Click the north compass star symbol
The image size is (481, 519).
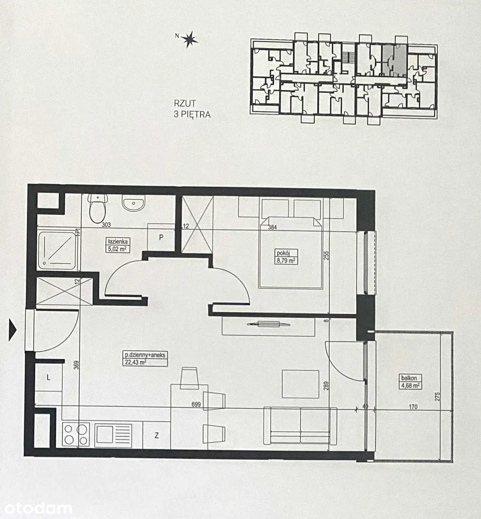[x=190, y=39]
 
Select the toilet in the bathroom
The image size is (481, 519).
[x=97, y=208]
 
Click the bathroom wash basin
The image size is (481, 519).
[x=133, y=203]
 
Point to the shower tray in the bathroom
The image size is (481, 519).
[x=57, y=250]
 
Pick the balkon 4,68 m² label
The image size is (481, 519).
[x=409, y=381]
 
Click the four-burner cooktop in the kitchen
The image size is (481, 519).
[x=76, y=434]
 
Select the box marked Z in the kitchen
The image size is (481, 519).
[x=157, y=435]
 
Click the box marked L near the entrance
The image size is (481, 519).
[x=48, y=378]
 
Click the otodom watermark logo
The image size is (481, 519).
[x=36, y=508]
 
